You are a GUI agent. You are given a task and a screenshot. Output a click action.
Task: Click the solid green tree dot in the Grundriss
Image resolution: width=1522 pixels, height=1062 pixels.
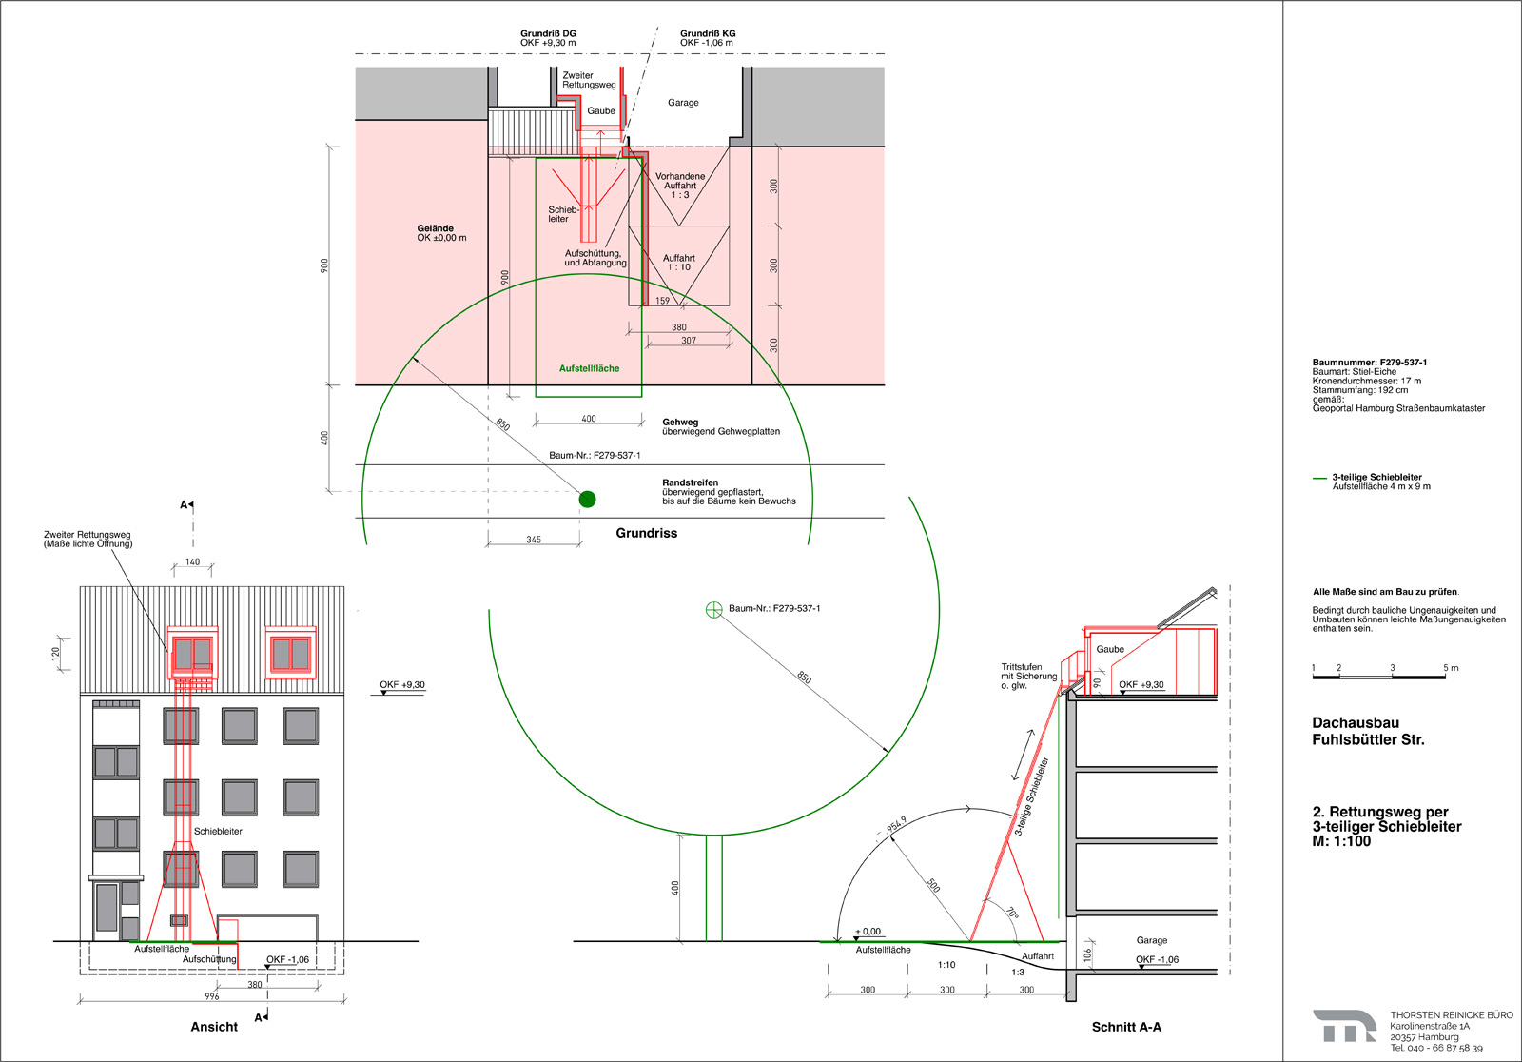coord(587,499)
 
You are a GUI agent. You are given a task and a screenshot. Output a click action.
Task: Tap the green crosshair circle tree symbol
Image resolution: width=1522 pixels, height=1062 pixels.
coord(713,609)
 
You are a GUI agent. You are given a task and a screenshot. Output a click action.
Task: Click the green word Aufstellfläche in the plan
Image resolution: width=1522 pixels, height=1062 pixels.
coord(589,368)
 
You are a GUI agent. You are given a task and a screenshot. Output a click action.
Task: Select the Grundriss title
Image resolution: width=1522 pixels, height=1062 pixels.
coord(646,533)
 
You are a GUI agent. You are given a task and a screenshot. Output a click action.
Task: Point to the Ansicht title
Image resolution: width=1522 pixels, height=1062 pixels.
coord(214,1027)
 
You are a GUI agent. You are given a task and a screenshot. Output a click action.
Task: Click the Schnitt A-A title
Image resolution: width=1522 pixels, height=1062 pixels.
coord(1126,1027)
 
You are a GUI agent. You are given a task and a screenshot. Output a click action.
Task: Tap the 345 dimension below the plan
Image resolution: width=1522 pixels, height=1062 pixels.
coord(534,540)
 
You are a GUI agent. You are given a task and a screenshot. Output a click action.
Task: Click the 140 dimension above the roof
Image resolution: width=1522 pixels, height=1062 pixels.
coord(192,561)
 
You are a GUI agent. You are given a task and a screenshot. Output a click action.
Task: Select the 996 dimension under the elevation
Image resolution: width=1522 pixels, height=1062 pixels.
coord(212,996)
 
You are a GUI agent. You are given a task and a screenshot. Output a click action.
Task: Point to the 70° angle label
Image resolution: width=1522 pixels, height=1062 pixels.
coord(1012,914)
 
